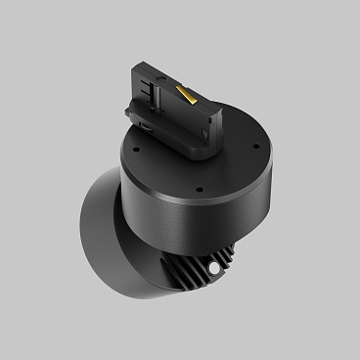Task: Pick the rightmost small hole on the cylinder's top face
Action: tap(255, 149)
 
